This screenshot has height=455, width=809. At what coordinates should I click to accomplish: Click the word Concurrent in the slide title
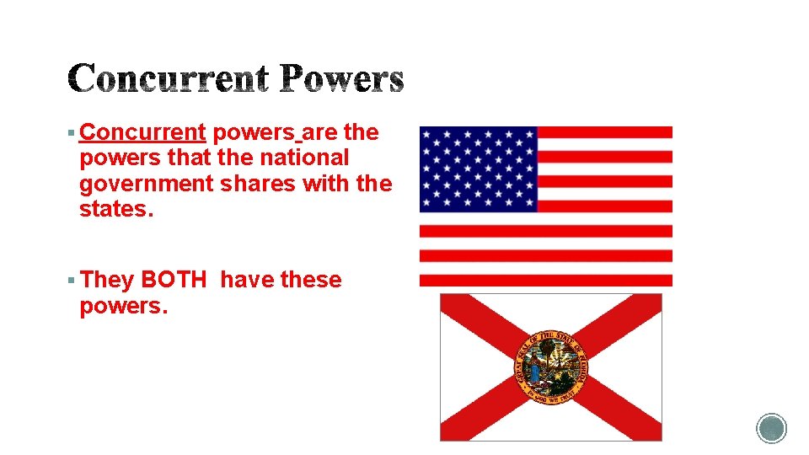[x=168, y=79]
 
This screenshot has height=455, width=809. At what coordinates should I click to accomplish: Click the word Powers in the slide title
[x=343, y=79]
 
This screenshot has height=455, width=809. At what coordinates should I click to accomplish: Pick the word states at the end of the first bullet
[x=115, y=209]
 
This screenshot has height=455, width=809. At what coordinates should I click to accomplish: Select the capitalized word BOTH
[x=173, y=280]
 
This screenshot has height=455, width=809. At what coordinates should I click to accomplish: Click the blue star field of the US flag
[x=478, y=169]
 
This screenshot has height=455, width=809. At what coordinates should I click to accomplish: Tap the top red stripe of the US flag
[x=604, y=132]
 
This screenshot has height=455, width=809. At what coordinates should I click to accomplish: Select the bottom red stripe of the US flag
[x=545, y=280]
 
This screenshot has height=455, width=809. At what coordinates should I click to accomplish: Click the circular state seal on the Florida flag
[x=551, y=367]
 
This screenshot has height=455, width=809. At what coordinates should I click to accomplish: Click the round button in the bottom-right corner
[x=771, y=428]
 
